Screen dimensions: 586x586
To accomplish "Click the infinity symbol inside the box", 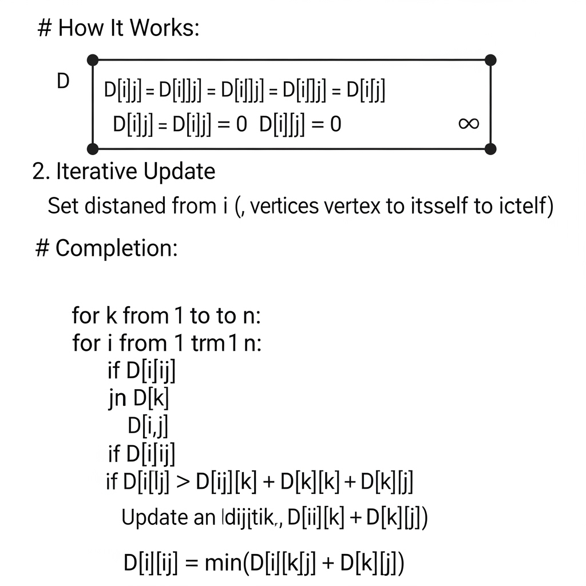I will coord(469,124).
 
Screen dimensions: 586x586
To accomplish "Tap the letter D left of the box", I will coord(63,82).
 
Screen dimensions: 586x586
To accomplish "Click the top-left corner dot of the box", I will coord(93,60).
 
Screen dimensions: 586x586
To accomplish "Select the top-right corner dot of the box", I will coord(490,60).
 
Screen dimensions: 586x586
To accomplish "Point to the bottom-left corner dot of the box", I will coord(93,149).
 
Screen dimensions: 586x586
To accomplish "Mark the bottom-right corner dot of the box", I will coord(490,149).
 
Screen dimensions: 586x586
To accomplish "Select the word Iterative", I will coord(96,171).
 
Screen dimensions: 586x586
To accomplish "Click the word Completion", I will coord(117,248).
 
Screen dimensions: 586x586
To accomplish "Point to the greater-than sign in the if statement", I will coord(181,482).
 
